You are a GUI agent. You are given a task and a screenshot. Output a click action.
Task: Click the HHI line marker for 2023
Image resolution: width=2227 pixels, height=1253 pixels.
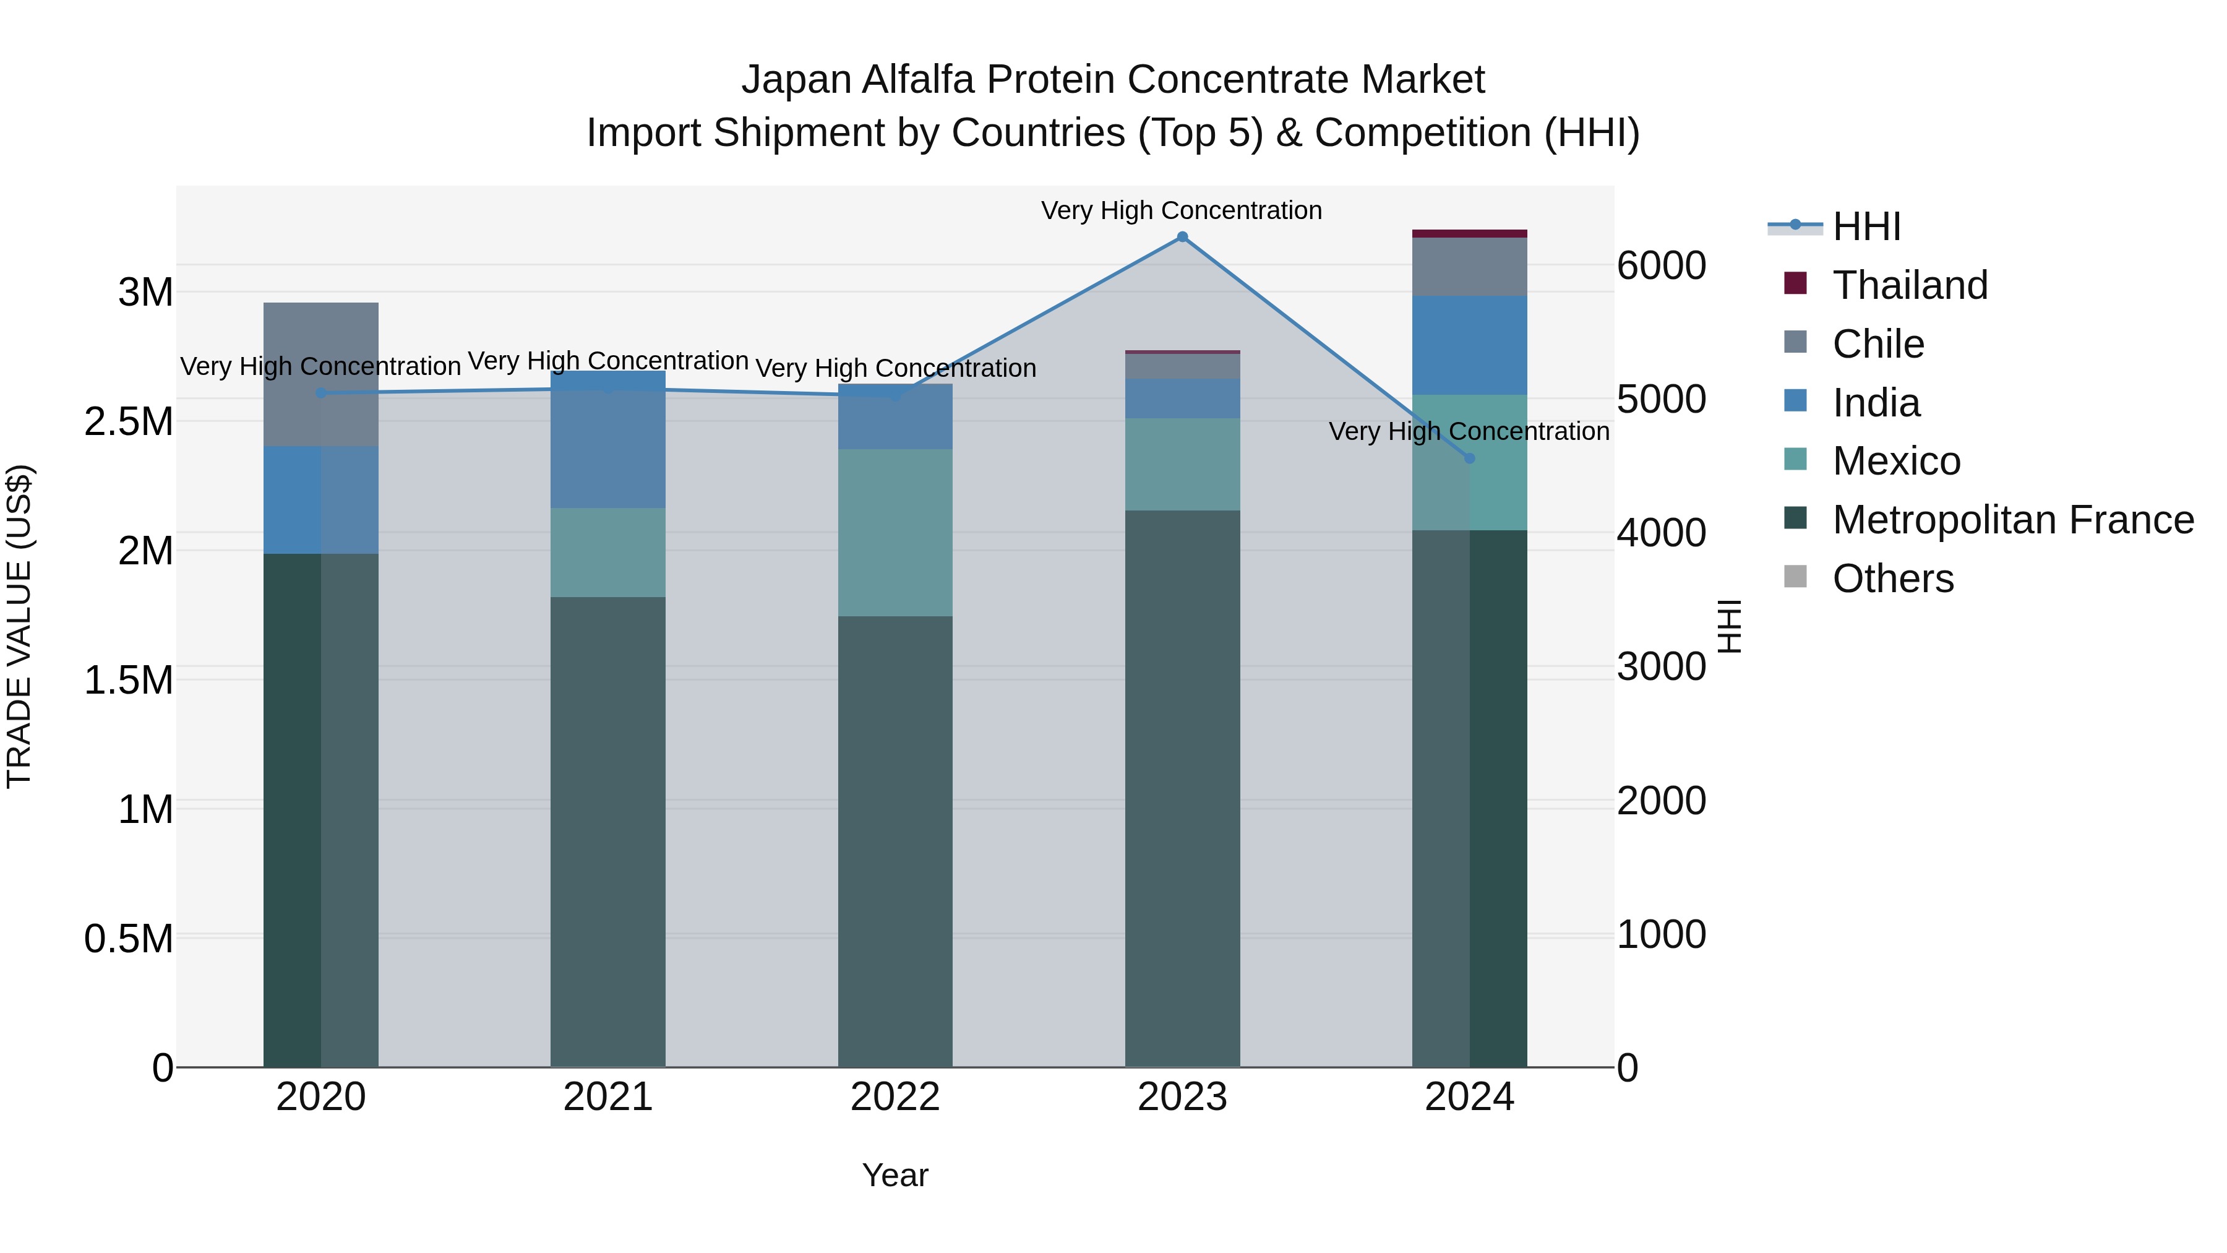click(x=1182, y=237)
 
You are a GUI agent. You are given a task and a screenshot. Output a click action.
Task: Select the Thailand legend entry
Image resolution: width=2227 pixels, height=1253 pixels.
click(x=1910, y=285)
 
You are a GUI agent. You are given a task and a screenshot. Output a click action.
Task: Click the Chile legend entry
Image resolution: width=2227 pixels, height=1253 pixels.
click(x=1877, y=344)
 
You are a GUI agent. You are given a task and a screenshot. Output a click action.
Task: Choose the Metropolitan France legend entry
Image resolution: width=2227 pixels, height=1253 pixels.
click(x=2012, y=520)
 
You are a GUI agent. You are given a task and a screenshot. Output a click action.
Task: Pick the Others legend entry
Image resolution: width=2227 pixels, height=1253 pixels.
click(x=1892, y=579)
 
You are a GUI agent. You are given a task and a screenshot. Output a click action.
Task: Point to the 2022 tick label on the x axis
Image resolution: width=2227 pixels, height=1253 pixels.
click(x=895, y=1097)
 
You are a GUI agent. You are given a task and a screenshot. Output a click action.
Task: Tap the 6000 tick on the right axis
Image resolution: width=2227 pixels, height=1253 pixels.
click(x=1662, y=265)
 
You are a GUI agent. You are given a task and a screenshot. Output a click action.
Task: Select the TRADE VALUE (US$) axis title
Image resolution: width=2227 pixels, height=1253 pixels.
click(x=20, y=626)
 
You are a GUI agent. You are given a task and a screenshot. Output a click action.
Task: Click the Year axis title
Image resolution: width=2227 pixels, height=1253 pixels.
click(x=895, y=1175)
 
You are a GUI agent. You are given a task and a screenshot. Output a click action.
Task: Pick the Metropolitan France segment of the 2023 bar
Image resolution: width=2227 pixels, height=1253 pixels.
click(x=1182, y=787)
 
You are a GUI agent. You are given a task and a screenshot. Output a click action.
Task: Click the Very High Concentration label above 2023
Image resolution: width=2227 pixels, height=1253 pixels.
click(x=1181, y=210)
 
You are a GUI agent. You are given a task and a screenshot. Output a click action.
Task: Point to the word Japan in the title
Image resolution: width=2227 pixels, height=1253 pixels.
click(x=796, y=80)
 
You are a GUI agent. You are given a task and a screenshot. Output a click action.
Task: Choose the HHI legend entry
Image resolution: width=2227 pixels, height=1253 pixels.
click(x=1866, y=226)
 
